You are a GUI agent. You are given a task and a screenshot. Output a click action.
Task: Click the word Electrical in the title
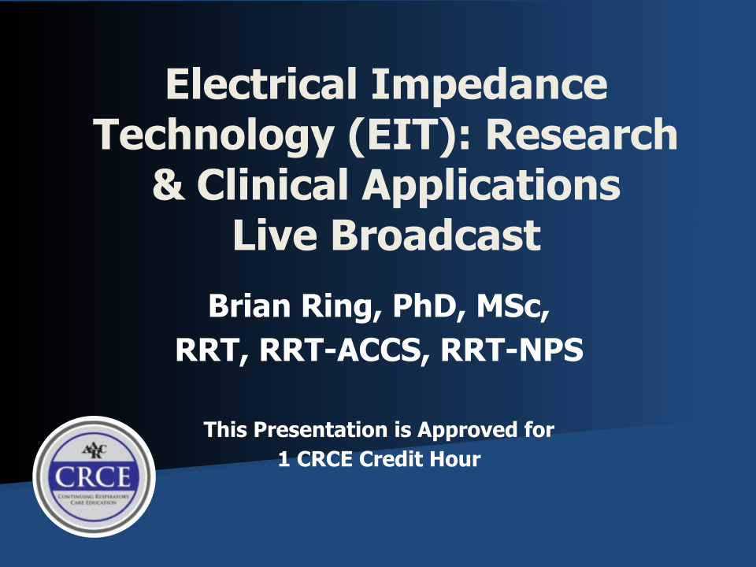[261, 83]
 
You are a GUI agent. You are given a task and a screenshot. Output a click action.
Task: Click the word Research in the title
[582, 134]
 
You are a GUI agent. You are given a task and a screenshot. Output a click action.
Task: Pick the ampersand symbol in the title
[168, 184]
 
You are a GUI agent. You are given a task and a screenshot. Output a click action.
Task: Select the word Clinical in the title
[272, 183]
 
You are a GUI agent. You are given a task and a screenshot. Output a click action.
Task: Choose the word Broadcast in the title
[435, 235]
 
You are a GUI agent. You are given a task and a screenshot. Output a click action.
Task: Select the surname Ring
[340, 309]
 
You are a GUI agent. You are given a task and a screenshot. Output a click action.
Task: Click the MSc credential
[512, 306]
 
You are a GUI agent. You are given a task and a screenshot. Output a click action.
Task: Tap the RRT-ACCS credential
[344, 350]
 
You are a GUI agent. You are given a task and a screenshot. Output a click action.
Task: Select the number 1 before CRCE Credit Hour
[284, 458]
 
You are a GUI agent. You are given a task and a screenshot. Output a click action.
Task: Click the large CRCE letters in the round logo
[93, 477]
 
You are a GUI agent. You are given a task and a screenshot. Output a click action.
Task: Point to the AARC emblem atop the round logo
[94, 450]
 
